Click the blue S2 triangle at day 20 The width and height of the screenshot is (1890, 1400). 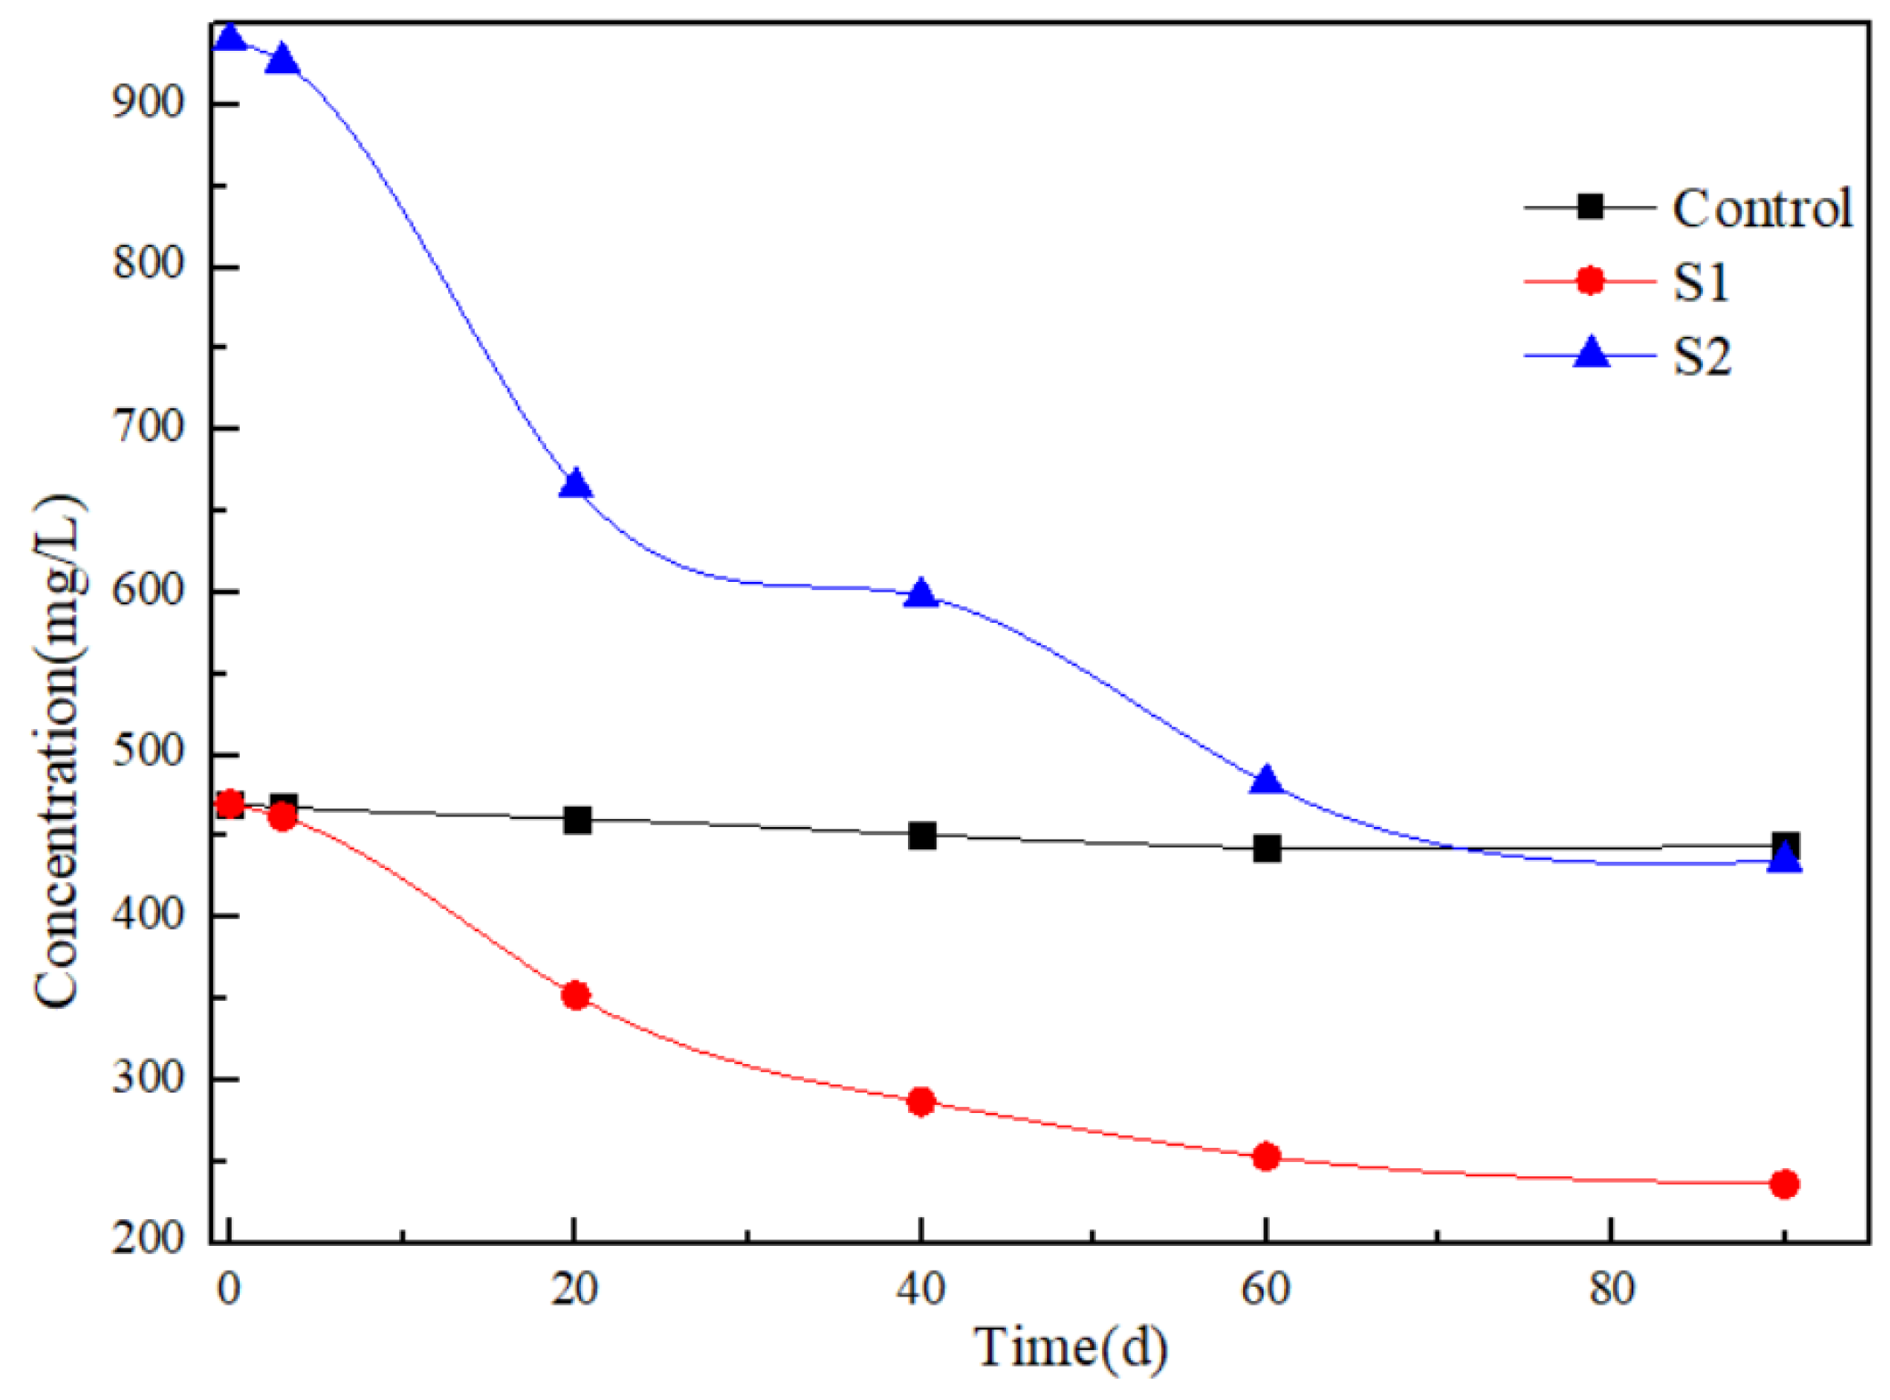[x=576, y=484]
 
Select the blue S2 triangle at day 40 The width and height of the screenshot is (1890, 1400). [x=921, y=594]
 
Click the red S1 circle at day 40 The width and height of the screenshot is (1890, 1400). [x=921, y=1101]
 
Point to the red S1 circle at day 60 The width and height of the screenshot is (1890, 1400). [x=1266, y=1157]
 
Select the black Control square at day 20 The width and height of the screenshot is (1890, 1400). [x=577, y=820]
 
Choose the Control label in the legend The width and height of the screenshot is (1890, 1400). [x=1762, y=209]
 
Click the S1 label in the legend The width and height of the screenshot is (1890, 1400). [x=1701, y=282]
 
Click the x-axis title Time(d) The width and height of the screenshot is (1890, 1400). [x=1069, y=1346]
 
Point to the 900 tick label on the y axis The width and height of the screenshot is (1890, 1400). [x=148, y=102]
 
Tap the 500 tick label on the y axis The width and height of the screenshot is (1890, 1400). [x=148, y=753]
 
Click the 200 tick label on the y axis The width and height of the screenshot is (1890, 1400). [x=148, y=1239]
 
